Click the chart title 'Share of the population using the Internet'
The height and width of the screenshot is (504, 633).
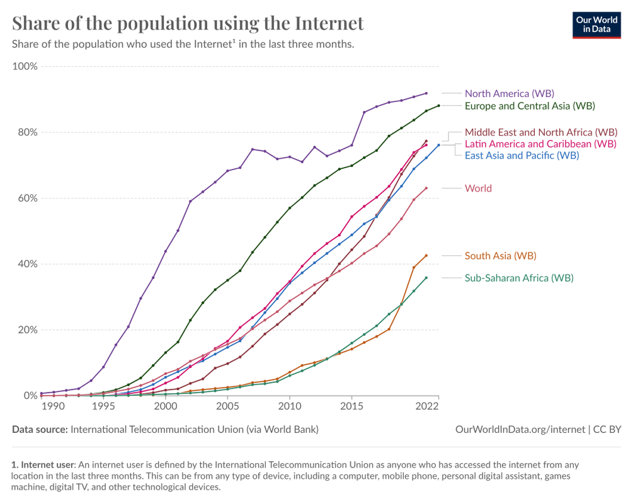188,23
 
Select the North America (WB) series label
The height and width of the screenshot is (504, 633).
509,93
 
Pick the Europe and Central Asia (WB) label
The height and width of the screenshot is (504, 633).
529,106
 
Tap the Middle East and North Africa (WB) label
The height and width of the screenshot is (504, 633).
540,132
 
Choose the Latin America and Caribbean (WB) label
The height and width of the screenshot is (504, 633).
540,144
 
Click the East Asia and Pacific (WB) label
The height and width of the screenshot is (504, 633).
522,155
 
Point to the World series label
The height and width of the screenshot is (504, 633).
478,188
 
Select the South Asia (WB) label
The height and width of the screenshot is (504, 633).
500,256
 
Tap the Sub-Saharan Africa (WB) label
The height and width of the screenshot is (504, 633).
519,278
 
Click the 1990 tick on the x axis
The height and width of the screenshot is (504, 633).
53,408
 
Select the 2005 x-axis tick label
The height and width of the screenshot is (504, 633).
227,408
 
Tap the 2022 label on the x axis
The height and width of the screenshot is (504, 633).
427,408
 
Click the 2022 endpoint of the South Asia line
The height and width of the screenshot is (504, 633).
426,256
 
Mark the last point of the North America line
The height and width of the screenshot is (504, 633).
426,93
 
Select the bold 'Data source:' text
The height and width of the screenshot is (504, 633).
40,429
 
